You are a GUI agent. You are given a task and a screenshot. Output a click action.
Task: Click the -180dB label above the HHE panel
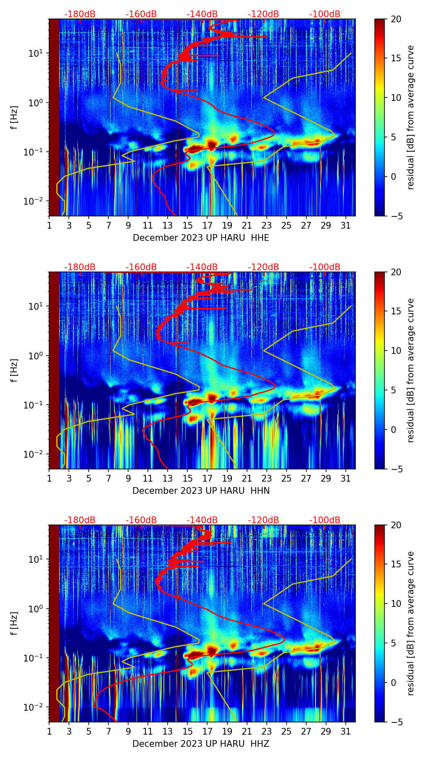80,14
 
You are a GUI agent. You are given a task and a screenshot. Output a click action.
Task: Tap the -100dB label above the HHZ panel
325,520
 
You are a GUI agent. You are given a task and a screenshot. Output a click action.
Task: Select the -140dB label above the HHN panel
202,267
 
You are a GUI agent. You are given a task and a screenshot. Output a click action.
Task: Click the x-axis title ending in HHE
201,238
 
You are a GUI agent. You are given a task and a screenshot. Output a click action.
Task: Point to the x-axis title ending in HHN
201,491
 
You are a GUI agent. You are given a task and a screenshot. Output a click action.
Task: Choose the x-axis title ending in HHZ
201,744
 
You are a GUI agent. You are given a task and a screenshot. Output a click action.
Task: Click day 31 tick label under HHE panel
345,225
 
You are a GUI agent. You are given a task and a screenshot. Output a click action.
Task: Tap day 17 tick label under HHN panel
207,478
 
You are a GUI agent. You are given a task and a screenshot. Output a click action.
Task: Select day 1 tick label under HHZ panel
49,731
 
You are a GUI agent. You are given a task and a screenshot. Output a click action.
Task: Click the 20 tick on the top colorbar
396,19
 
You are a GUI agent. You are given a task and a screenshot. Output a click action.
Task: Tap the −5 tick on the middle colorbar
396,469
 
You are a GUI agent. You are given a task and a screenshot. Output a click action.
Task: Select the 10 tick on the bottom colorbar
396,604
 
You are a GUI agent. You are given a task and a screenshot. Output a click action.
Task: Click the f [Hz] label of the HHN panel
14,370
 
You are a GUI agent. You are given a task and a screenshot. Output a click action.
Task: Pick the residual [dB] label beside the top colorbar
410,118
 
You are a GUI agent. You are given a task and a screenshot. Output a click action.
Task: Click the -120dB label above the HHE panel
263,14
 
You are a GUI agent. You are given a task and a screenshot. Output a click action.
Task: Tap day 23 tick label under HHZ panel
266,731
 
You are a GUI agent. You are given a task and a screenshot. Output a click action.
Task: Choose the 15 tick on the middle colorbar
396,311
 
